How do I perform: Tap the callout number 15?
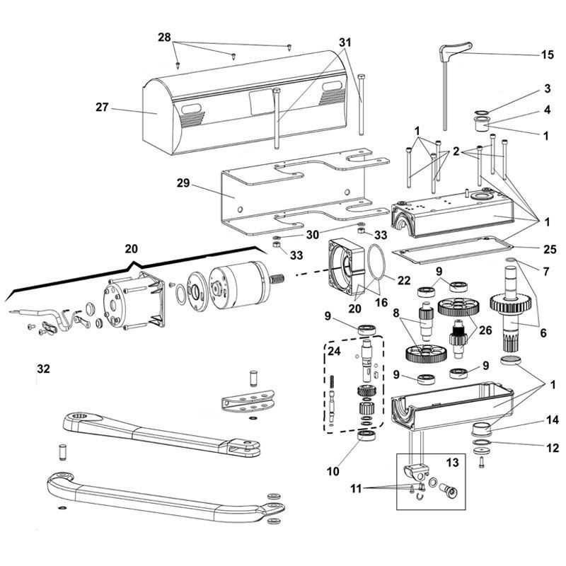click(x=547, y=54)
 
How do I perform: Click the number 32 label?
click(x=43, y=369)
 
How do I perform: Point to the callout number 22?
click(x=404, y=280)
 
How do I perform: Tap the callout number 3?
click(x=547, y=88)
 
